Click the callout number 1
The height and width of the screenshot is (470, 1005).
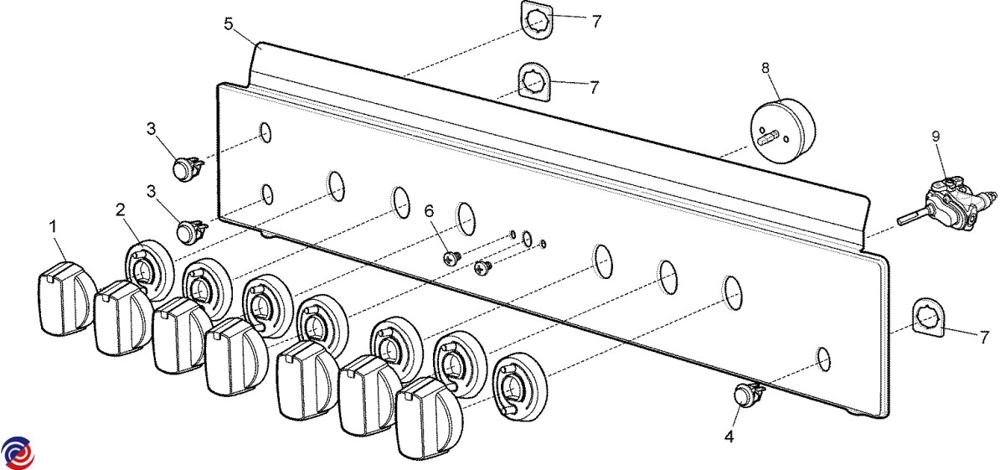click(54, 226)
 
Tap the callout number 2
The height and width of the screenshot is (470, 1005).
click(120, 209)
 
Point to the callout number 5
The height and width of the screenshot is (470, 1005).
click(229, 23)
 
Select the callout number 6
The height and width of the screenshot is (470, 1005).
click(430, 211)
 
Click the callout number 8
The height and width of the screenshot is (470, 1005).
click(765, 68)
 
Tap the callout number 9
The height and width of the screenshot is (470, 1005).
click(936, 136)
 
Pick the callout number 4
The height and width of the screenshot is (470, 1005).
click(729, 436)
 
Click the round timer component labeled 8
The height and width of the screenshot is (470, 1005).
click(783, 131)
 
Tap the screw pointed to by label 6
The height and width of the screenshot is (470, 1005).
click(451, 258)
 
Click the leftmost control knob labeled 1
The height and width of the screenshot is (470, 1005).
click(66, 298)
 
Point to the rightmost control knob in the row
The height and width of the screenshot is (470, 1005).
click(430, 418)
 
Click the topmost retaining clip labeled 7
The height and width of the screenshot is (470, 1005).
click(536, 20)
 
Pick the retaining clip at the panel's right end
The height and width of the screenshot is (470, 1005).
click(929, 318)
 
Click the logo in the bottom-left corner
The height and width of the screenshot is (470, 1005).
click(18, 452)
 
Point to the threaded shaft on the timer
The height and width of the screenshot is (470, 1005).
click(768, 137)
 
